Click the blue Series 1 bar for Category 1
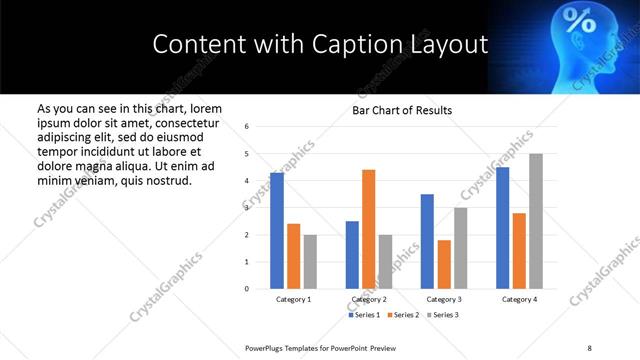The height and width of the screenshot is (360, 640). point(277,231)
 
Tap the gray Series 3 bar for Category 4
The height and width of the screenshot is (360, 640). point(536,221)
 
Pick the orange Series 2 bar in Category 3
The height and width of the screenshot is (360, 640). point(444,264)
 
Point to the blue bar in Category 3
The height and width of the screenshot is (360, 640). point(427,241)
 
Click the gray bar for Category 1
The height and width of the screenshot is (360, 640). point(310,262)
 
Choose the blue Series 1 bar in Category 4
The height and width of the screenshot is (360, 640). point(502,228)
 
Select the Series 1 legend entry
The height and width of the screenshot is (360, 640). point(364,315)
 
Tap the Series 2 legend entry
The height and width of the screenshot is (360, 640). point(402,315)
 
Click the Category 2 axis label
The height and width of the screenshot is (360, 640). point(369,299)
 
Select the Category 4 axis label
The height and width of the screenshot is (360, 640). point(519,299)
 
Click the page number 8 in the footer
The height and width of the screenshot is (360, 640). point(589,346)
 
